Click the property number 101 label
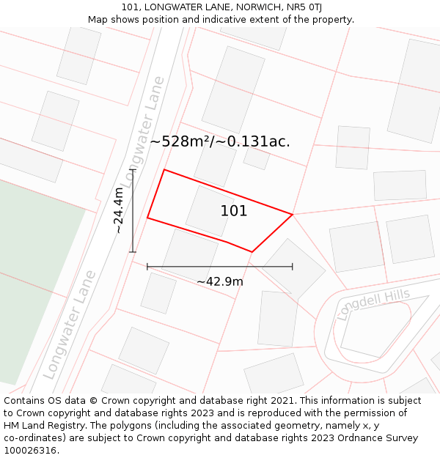[x=234, y=211]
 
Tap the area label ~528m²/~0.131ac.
[x=220, y=141]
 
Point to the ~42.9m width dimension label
[x=220, y=281]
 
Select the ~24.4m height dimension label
[x=119, y=210]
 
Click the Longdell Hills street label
[x=373, y=304]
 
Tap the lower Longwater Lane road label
[x=70, y=325]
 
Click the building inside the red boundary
[x=210, y=210]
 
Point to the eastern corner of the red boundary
[x=293, y=215]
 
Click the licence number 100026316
[x=31, y=451]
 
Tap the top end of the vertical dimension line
[x=133, y=170]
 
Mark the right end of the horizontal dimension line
[x=293, y=267]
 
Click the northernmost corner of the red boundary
[x=164, y=170]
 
